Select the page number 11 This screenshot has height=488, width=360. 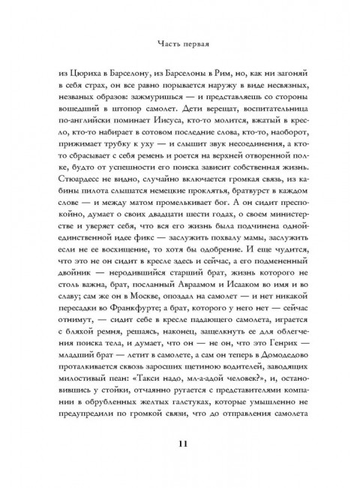pyautogui.click(x=180, y=442)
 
